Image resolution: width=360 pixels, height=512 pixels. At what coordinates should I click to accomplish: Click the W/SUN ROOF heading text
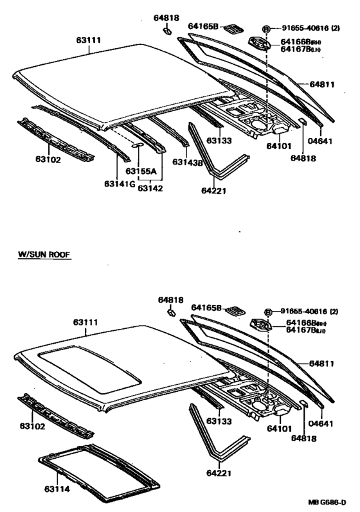(x=44, y=254)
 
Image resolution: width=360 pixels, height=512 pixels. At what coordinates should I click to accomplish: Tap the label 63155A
(x=141, y=171)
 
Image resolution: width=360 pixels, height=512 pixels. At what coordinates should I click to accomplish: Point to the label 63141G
(x=120, y=184)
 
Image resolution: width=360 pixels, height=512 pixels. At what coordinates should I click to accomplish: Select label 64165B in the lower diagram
(x=205, y=308)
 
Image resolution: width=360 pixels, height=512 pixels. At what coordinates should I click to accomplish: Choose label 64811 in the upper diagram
(x=322, y=84)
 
